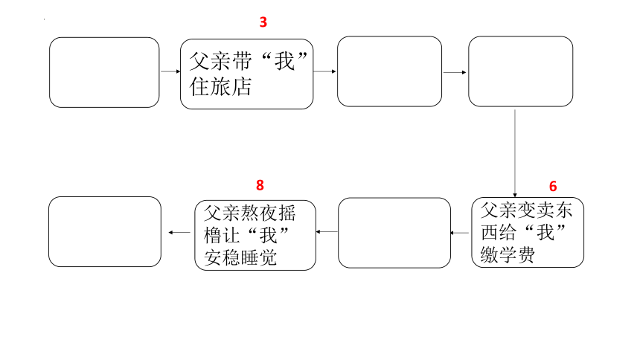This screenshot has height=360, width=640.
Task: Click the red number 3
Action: click(263, 22)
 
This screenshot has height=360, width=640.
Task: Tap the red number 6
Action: click(553, 186)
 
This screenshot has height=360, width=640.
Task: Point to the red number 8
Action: click(260, 185)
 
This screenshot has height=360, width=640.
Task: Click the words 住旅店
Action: click(220, 87)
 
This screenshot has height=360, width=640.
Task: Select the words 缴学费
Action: click(508, 256)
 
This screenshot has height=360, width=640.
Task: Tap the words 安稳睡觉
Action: click(240, 258)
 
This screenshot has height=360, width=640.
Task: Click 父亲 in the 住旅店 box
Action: click(211, 62)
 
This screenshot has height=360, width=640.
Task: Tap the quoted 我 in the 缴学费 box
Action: click(545, 233)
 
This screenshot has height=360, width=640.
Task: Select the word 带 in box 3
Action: click(243, 62)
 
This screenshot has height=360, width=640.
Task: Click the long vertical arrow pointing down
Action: click(515, 153)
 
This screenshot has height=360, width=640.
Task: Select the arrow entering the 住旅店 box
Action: click(170, 71)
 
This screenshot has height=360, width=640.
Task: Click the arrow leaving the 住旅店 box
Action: click(324, 71)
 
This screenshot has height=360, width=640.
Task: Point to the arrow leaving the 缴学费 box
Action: click(460, 233)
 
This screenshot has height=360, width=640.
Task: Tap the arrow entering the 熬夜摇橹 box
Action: click(327, 232)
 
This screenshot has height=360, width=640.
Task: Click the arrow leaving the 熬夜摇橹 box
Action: click(179, 232)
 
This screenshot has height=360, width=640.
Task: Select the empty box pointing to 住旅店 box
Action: click(104, 73)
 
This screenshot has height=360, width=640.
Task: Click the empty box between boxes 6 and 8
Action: click(394, 233)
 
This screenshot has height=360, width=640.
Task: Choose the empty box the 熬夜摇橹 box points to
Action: click(105, 232)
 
